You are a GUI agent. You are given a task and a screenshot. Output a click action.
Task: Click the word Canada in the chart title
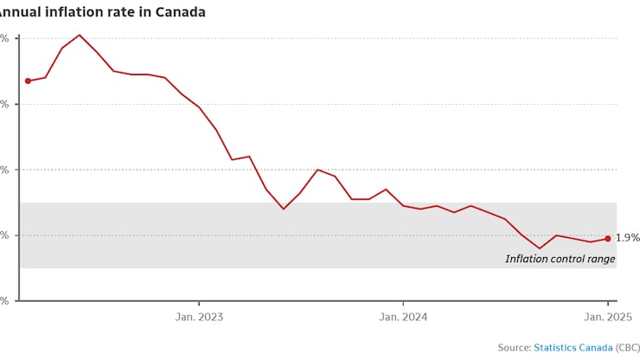pos(183,12)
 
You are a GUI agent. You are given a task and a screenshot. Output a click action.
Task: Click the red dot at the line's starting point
pos(28,80)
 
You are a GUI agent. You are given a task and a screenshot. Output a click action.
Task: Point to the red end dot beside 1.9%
pos(607,238)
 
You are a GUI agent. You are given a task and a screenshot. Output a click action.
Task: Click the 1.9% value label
pos(627,238)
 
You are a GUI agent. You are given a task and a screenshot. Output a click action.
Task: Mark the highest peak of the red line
pos(80,35)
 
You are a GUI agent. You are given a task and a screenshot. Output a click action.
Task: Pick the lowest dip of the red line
pos(540,248)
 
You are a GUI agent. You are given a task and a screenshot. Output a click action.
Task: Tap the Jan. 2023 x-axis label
pos(199,317)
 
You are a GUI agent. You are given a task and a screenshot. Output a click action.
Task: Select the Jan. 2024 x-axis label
pos(404,317)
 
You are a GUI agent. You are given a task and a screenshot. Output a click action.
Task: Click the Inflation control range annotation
pos(560,259)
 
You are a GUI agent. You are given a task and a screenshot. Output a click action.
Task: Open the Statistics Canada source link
pos(573,347)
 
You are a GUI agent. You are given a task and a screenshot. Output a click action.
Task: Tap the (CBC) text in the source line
pos(628,347)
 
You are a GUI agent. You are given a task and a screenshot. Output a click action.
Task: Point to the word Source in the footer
pos(514,347)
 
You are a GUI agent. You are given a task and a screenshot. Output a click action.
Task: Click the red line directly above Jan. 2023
pos(199,106)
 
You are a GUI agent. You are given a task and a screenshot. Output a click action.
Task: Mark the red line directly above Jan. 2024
pos(404,206)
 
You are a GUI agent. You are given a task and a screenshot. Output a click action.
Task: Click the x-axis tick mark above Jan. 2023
pos(199,304)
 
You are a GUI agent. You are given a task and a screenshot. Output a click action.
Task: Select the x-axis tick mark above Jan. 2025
pos(608,304)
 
